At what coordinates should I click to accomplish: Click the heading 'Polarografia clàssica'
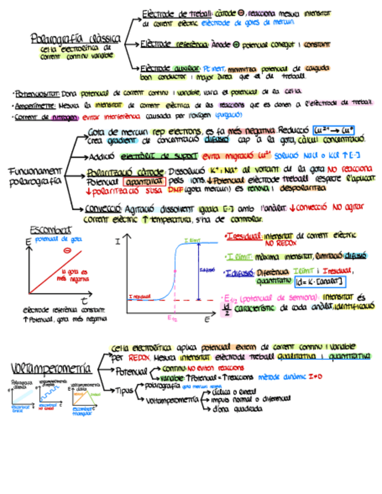pyautogui.click(x=75, y=40)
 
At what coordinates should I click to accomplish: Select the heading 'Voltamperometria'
pyautogui.click(x=51, y=368)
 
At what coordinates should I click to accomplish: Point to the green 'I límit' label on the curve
pyautogui.click(x=192, y=240)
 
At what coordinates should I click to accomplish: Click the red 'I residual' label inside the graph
pyautogui.click(x=140, y=297)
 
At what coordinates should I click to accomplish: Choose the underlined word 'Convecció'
pyautogui.click(x=102, y=208)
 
